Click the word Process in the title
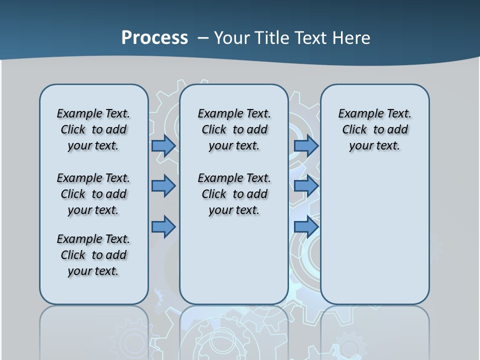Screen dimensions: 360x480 pyautogui.click(x=154, y=37)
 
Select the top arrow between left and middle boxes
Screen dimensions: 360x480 pyautogui.click(x=163, y=145)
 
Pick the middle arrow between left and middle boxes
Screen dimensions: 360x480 pyautogui.click(x=163, y=186)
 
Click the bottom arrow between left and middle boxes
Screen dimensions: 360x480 pyautogui.click(x=163, y=226)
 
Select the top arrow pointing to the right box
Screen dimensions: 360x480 pyautogui.click(x=305, y=145)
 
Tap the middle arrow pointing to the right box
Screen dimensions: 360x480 pyautogui.click(x=305, y=186)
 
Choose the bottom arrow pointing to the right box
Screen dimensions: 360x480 pyautogui.click(x=305, y=226)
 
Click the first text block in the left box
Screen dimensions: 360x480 pyautogui.click(x=93, y=129)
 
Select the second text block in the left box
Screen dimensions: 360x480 pyautogui.click(x=93, y=194)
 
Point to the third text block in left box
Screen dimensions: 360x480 pyautogui.click(x=93, y=255)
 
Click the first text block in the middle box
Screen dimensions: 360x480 pyautogui.click(x=234, y=129)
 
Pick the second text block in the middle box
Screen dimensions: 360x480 pyautogui.click(x=234, y=194)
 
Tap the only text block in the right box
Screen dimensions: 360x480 pyautogui.click(x=375, y=129)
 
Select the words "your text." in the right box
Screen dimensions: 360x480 pyautogui.click(x=374, y=146)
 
